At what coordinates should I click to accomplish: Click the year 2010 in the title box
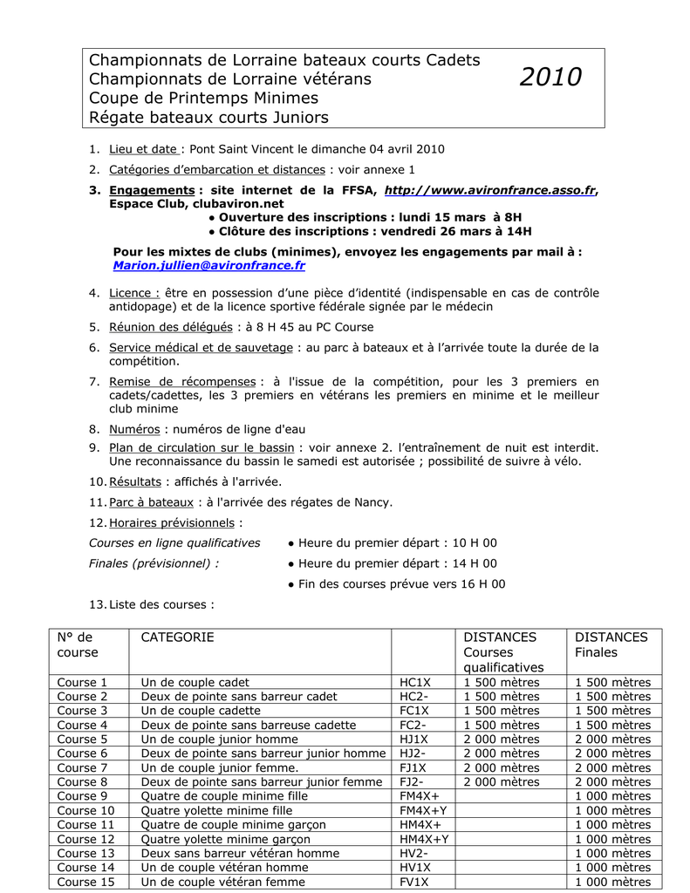[550, 78]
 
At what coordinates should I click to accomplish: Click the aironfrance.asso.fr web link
[490, 190]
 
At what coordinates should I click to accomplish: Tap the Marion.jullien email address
[209, 265]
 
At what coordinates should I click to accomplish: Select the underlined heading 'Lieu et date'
[144, 149]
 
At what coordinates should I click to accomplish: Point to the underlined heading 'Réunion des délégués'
[171, 327]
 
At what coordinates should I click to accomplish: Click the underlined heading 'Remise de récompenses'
[182, 381]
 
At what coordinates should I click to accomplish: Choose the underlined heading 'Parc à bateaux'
[151, 501]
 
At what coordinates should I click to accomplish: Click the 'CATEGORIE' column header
[177, 637]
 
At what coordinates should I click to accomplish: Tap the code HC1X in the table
[414, 682]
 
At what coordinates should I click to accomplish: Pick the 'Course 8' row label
[83, 781]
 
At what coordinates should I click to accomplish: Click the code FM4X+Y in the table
[424, 810]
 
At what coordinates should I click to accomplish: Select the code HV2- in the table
[413, 853]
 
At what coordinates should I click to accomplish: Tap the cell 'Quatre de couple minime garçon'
[233, 824]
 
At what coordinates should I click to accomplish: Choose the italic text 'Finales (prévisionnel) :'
[154, 563]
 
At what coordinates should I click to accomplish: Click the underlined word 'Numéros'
[134, 429]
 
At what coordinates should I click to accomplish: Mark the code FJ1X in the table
[413, 767]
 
